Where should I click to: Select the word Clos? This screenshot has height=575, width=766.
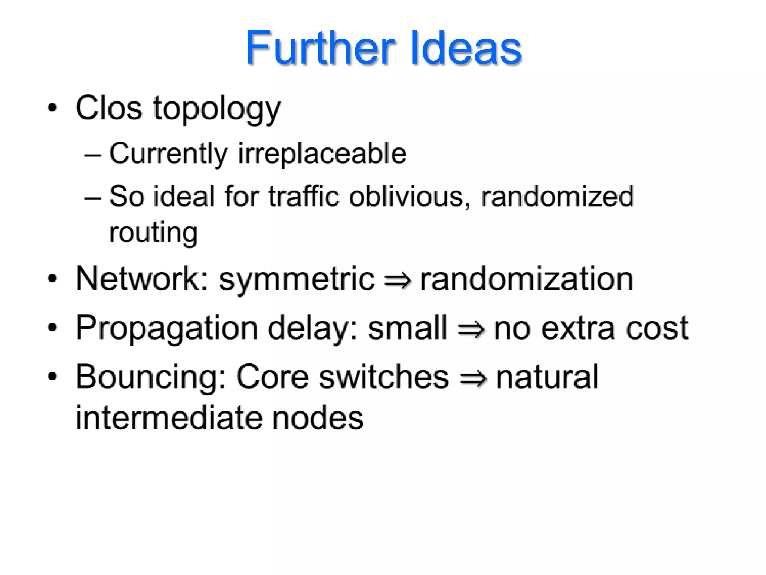pos(109,108)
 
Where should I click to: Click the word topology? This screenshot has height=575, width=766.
pos(217,109)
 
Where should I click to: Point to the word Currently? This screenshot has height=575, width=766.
pos(168,154)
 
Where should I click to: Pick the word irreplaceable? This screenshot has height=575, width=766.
pos(322,154)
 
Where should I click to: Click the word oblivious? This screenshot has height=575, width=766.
pos(409,196)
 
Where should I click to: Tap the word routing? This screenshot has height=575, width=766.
pos(153,233)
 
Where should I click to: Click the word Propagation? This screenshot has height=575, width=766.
pos(167,329)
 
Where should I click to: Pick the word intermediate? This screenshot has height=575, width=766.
pos(168,418)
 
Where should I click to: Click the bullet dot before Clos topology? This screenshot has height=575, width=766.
pos(53,108)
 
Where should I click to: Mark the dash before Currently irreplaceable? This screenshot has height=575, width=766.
pos(92,155)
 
